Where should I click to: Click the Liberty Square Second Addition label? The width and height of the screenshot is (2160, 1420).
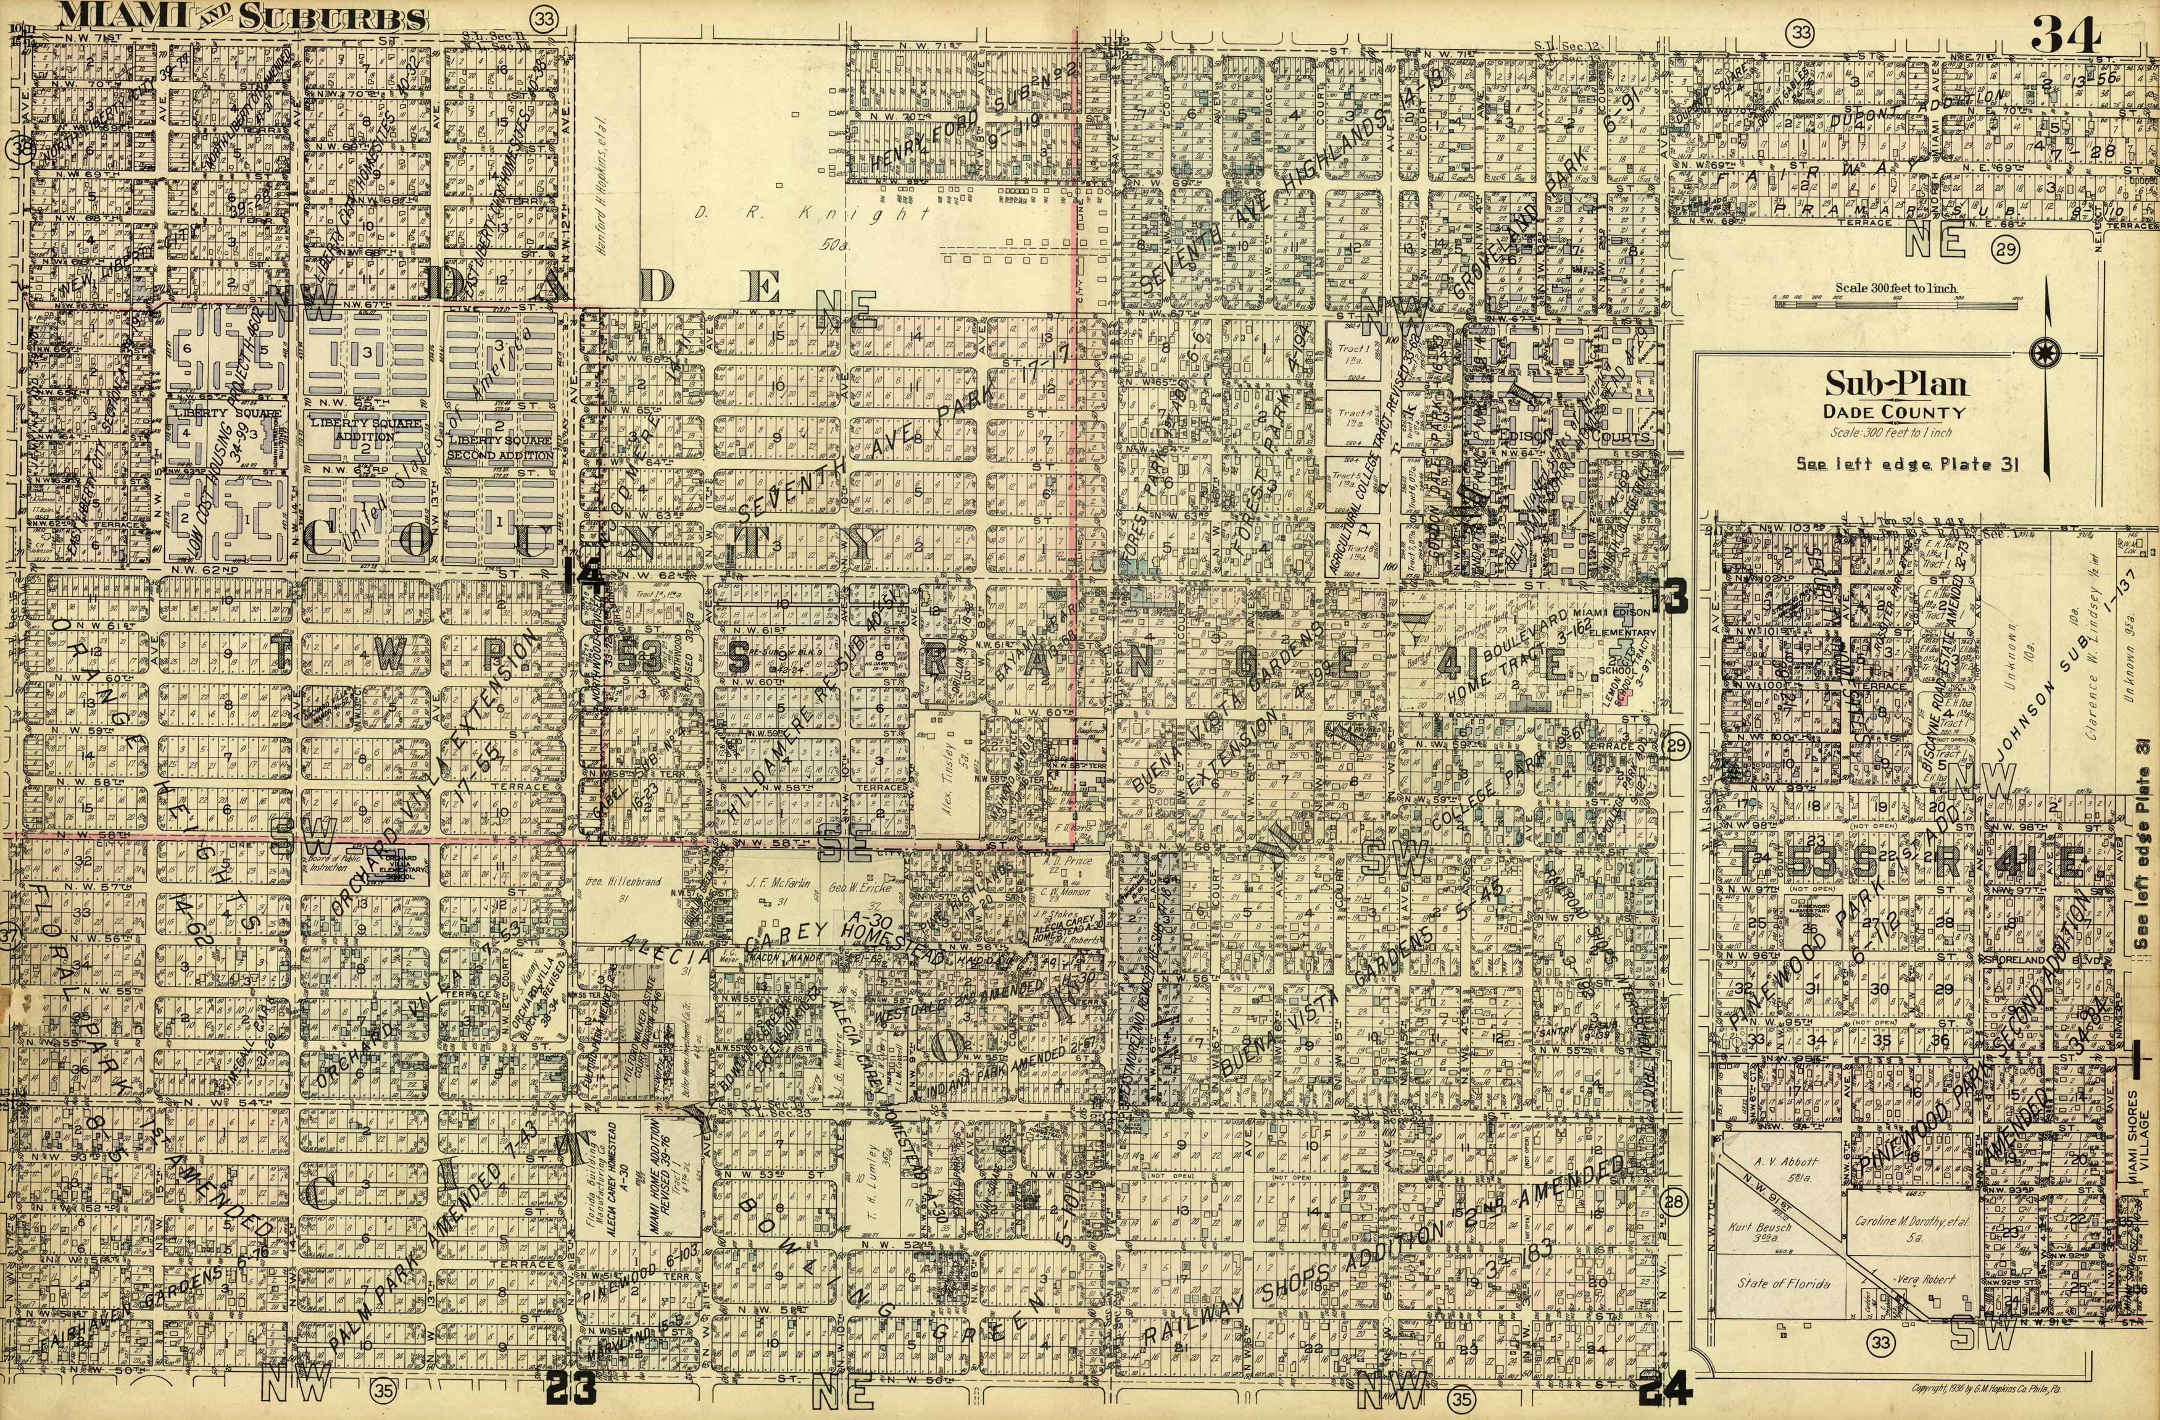[x=500, y=447]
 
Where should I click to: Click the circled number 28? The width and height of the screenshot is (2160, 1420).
[x=1674, y=1203]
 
